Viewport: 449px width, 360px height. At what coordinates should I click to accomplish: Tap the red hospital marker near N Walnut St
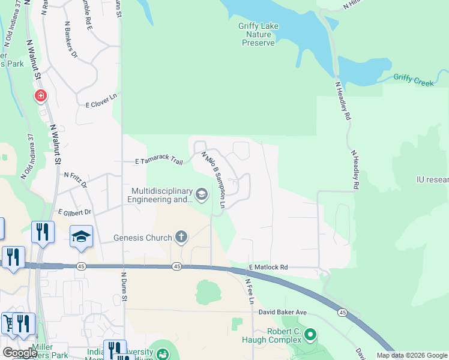tap(40, 96)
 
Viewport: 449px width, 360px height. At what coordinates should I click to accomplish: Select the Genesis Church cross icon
tap(181, 238)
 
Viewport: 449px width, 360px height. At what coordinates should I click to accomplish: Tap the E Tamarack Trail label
tap(158, 161)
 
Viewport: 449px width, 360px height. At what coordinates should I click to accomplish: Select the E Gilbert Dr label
tap(74, 212)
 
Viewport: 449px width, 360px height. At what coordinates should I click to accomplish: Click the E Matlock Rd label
tap(268, 267)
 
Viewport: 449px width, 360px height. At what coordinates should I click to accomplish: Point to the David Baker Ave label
tap(283, 313)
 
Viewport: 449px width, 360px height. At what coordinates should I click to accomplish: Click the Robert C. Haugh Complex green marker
tap(310, 334)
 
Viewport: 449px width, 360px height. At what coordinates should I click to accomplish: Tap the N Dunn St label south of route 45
tap(124, 287)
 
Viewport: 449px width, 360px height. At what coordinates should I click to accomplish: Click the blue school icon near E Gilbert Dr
tap(81, 236)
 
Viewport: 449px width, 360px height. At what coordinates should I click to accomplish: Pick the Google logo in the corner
tap(20, 353)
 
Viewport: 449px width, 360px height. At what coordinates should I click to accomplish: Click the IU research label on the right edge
tap(432, 179)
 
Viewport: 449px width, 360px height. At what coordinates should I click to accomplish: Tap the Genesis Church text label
tap(143, 238)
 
